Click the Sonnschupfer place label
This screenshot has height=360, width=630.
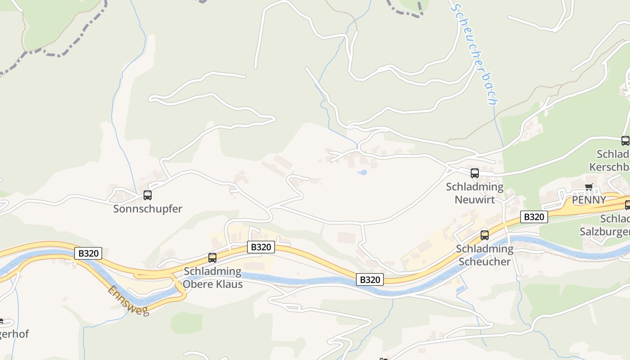148,209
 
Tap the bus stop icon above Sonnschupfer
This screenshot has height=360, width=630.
147,195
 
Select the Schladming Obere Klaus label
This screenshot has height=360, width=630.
212,278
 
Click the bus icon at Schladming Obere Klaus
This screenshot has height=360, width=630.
212,258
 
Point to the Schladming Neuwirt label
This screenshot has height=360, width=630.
475,193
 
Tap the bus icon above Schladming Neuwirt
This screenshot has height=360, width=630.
474,173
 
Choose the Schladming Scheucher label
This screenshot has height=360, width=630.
484,255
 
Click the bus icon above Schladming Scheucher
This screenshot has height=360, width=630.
485,235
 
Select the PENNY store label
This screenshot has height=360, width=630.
589,200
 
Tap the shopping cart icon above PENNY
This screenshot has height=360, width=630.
589,187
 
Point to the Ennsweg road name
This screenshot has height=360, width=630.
128,301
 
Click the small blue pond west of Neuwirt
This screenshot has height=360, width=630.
362,172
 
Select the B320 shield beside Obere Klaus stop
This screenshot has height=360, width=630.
261,247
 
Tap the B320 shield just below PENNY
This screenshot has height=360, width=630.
534,217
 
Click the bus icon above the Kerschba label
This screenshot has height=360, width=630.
625,140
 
